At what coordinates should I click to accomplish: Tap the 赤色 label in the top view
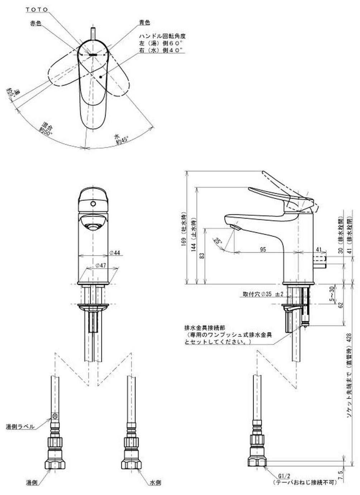[37, 23]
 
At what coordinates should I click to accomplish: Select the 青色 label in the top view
[144, 23]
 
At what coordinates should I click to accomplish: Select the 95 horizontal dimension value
[263, 250]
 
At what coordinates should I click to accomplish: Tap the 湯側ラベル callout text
[20, 427]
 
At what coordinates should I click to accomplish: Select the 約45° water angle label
[121, 139]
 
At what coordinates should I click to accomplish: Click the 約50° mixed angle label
[45, 127]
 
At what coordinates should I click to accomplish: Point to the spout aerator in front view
[93, 226]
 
